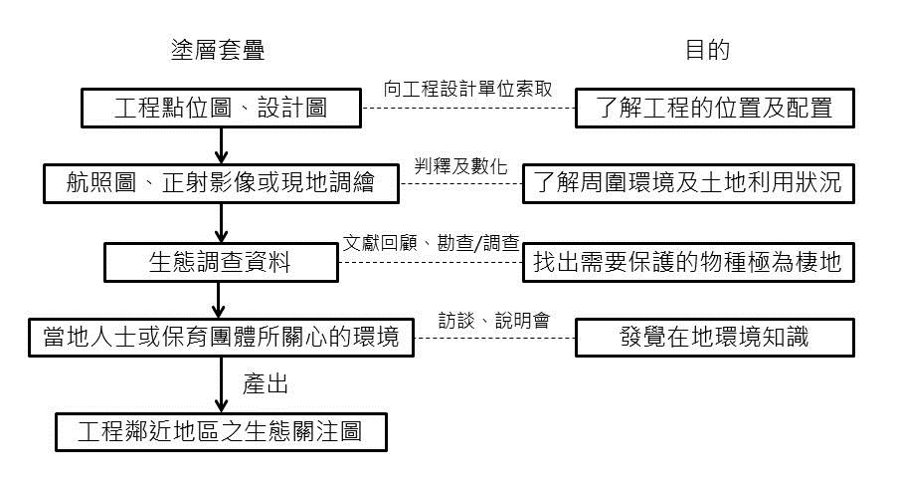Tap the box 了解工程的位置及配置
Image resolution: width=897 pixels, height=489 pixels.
point(715,109)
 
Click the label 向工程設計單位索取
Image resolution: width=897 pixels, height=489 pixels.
point(467,89)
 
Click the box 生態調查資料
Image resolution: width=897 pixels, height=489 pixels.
point(222,261)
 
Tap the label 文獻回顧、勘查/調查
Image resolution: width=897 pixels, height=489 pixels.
point(430,243)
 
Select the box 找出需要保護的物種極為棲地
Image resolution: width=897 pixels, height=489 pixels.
point(688,261)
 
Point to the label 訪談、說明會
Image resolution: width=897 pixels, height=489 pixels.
point(494,320)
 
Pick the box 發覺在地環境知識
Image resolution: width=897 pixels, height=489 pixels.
point(715,337)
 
